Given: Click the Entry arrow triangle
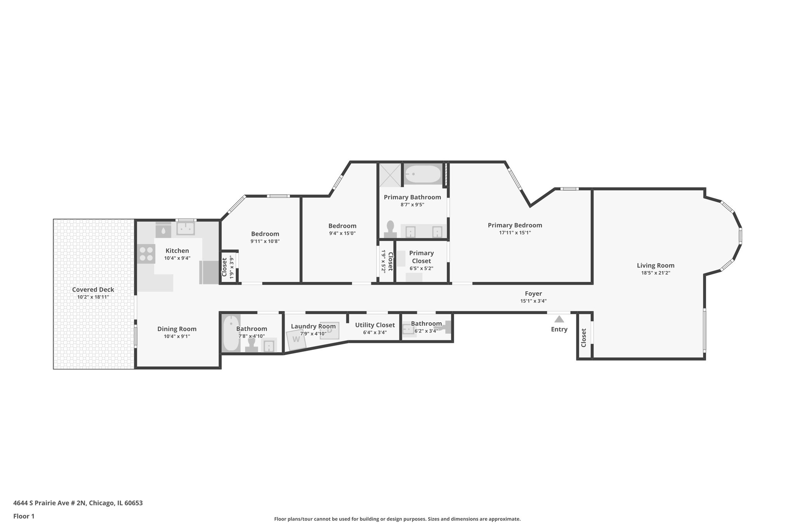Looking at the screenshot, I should tap(559, 319).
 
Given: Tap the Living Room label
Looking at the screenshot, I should tap(655, 266).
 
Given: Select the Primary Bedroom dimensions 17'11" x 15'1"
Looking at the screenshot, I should tap(515, 233).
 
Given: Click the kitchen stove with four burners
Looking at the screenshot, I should tap(146, 254).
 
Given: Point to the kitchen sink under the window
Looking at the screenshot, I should tap(186, 228).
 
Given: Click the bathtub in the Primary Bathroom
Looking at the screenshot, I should tap(423, 174).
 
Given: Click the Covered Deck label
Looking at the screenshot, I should tap(93, 290).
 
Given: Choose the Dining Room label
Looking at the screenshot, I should tap(177, 329).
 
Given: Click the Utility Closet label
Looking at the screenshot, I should tap(375, 325).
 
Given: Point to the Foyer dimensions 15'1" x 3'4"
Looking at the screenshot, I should tap(533, 301).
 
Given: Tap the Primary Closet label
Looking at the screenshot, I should tap(421, 257).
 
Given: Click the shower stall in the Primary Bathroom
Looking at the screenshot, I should tap(390, 175).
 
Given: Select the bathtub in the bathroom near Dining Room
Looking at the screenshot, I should tap(231, 333).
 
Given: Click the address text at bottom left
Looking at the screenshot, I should tap(78, 503).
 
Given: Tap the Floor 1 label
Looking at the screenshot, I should tap(24, 516).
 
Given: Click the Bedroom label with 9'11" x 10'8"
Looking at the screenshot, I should tap(265, 234).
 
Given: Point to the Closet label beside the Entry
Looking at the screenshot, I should tap(583, 338).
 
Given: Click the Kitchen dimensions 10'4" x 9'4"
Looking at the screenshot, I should tap(177, 258).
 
